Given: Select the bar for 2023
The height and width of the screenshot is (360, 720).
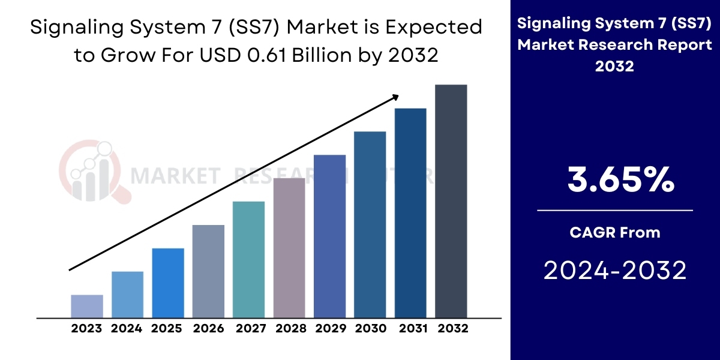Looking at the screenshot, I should pos(87,306).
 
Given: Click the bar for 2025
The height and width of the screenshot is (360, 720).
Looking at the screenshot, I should pos(168,283).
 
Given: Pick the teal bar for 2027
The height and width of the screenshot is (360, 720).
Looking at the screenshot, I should pos(248,259).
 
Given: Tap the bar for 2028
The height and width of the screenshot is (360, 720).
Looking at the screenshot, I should pos(289,247).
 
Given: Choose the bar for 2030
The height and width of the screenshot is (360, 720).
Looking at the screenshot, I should pos(370,224).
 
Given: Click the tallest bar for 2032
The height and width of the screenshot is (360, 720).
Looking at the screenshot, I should pos(451,201).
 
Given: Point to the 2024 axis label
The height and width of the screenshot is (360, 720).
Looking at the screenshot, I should pos(127,329).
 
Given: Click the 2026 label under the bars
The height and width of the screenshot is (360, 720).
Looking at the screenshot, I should pos(208,329).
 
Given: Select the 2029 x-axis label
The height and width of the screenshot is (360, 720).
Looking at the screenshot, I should pos(329,329).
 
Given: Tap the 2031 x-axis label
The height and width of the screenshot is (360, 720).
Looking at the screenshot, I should pos(410,329).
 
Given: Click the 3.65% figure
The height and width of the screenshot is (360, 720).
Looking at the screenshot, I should pos(614,179).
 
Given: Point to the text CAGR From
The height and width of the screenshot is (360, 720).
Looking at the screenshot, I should pos(614,232).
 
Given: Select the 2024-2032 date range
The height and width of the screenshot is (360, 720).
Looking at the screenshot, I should pos(614,271).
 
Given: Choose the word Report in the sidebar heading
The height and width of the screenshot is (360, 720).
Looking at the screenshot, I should pos(683,44).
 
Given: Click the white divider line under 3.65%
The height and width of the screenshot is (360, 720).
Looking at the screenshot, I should pos(614,211).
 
